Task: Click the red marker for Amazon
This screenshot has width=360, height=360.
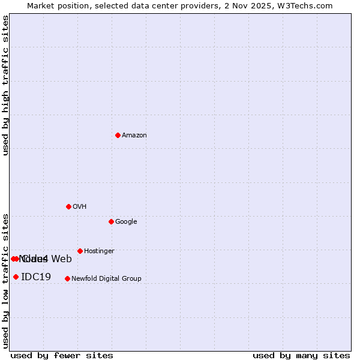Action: [x=118, y=135]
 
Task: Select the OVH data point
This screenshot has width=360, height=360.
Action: [x=68, y=206]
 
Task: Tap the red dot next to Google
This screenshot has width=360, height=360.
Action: [x=111, y=221]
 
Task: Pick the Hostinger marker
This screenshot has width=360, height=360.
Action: [x=80, y=251]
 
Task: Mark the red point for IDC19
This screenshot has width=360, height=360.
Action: [x=16, y=277]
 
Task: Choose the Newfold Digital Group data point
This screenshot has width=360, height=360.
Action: [x=67, y=278]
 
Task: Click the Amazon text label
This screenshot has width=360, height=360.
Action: [x=134, y=136]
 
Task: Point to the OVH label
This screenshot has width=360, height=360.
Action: [x=80, y=207]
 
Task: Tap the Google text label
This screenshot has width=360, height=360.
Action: [x=126, y=222]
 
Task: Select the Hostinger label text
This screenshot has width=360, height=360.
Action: [x=99, y=251]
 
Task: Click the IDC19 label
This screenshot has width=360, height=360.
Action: [x=36, y=277]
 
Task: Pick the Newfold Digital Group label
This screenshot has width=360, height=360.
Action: [x=106, y=279]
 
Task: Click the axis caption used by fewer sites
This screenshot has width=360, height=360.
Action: [x=62, y=356]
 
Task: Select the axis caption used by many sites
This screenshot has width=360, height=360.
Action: [x=301, y=356]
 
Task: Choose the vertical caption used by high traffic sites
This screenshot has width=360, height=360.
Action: [x=5, y=85]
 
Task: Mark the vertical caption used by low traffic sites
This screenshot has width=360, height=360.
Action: [x=5, y=280]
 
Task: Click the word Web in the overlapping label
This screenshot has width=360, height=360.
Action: [x=62, y=259]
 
